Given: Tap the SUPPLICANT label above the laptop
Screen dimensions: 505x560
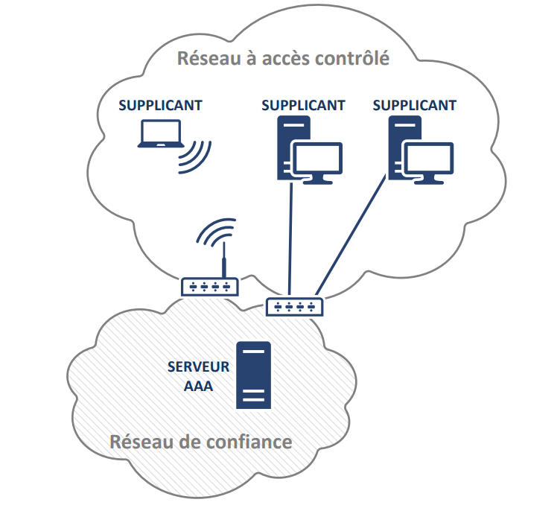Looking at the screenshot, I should [x=161, y=105].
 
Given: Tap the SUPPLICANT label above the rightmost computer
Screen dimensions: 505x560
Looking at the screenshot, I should [x=414, y=105].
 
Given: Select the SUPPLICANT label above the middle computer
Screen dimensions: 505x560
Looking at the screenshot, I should [x=303, y=105].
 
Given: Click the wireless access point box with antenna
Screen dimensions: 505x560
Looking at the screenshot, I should [x=209, y=286].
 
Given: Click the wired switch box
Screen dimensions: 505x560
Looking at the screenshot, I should [x=295, y=305].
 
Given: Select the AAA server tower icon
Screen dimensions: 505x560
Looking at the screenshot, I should [x=253, y=375].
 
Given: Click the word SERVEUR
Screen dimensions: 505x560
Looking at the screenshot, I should [x=199, y=368].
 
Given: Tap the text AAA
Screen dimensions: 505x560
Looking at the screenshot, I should [x=199, y=387].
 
